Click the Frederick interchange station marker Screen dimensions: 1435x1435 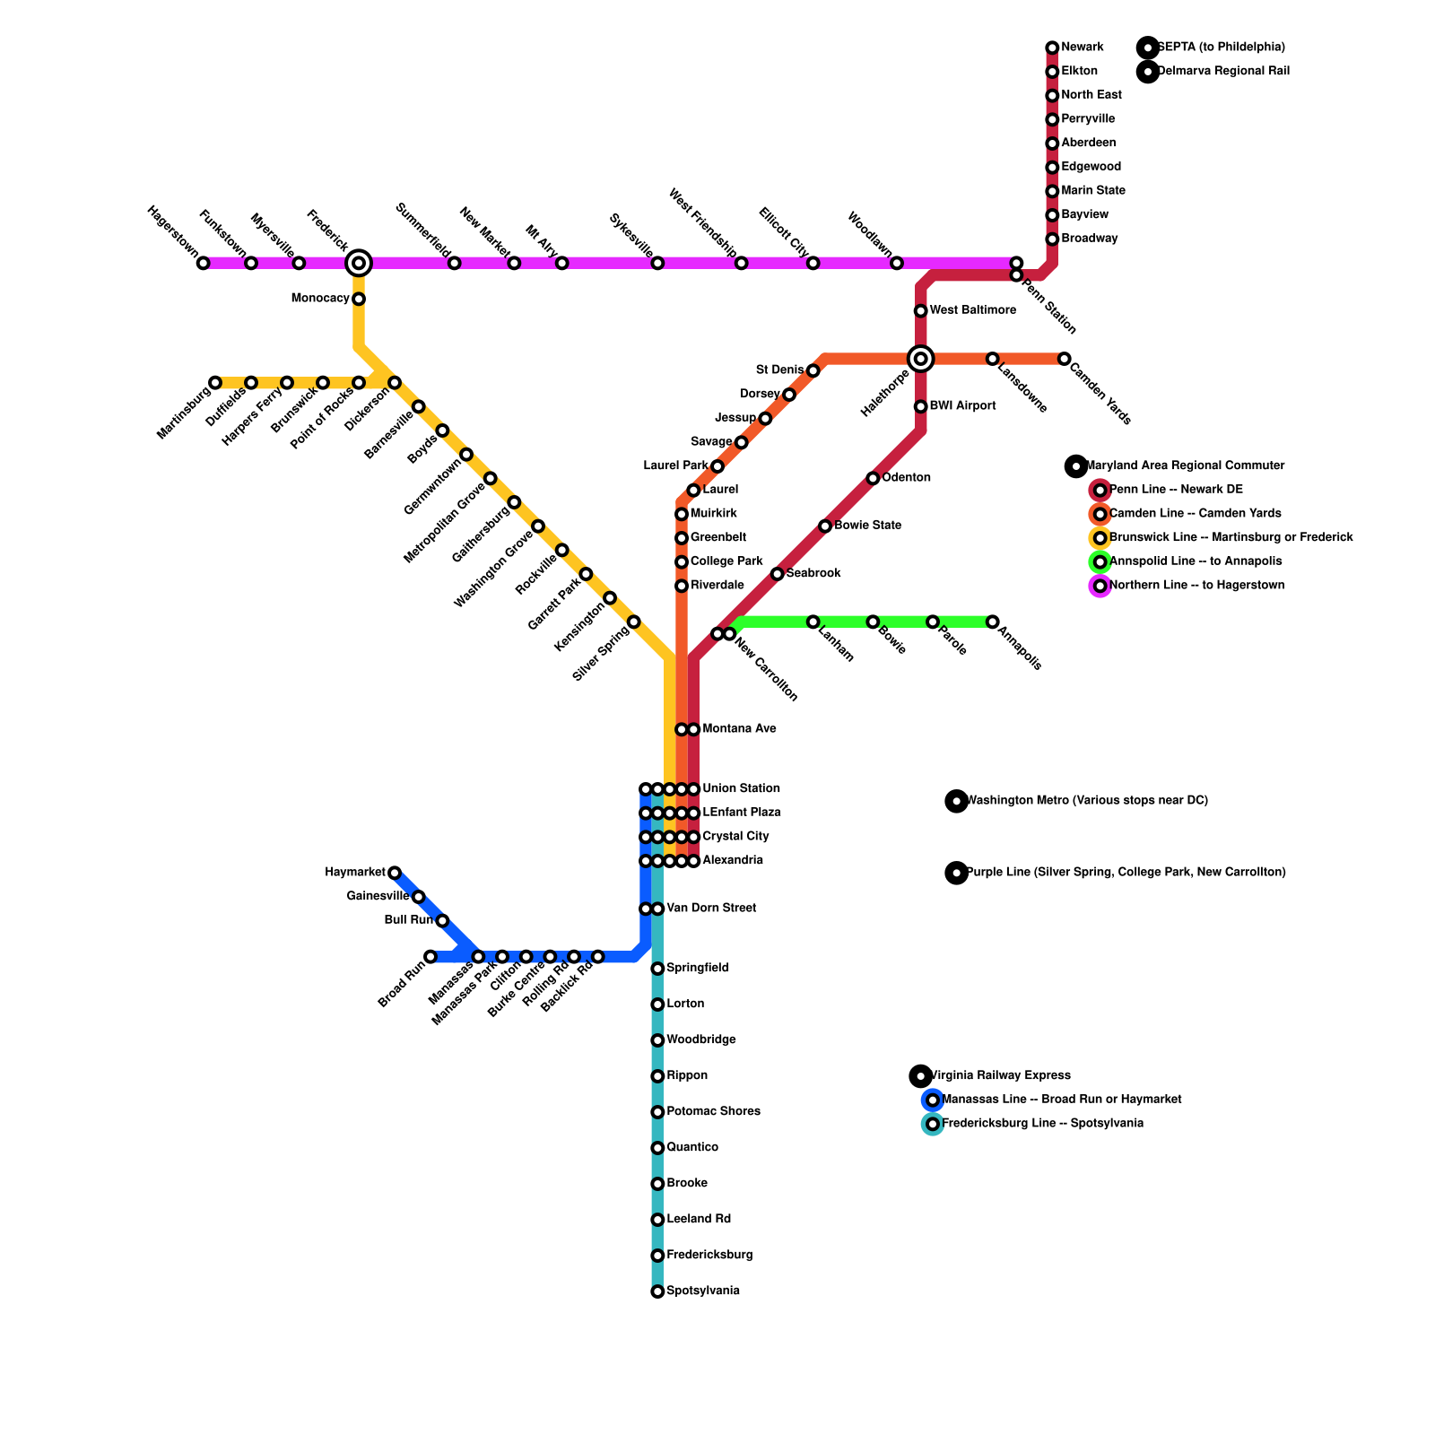359,263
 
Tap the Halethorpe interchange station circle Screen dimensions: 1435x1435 920,359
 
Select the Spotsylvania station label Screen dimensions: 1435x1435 703,1291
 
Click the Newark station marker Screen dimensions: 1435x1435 1052,48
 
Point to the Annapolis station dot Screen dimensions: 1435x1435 993,622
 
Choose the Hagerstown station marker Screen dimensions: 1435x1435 204,263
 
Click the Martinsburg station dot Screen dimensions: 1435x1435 215,383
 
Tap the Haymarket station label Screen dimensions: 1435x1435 355,873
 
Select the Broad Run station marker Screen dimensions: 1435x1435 430,957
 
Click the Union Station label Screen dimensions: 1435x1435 741,789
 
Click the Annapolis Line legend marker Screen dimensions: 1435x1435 1100,562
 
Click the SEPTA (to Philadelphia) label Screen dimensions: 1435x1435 1221,48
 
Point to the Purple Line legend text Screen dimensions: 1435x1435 1126,873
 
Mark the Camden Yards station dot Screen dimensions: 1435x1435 1064,359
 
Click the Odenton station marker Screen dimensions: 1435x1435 873,478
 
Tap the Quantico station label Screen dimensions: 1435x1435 692,1148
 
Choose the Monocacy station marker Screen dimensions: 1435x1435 359,299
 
